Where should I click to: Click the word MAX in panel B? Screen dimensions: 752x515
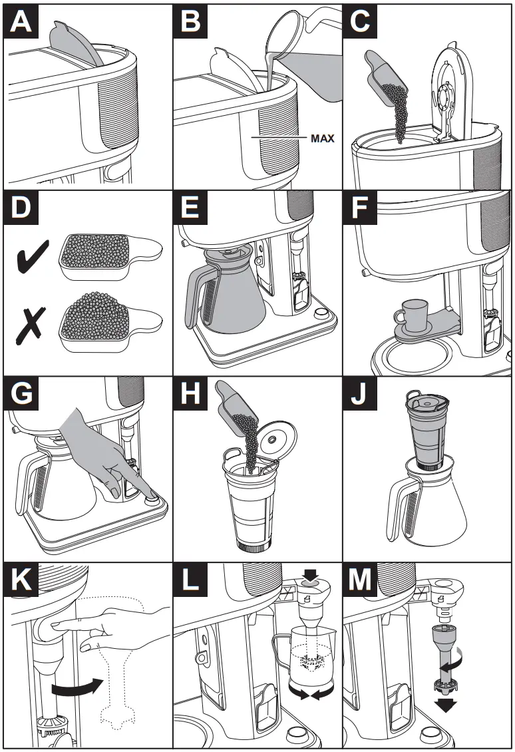[321, 139]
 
